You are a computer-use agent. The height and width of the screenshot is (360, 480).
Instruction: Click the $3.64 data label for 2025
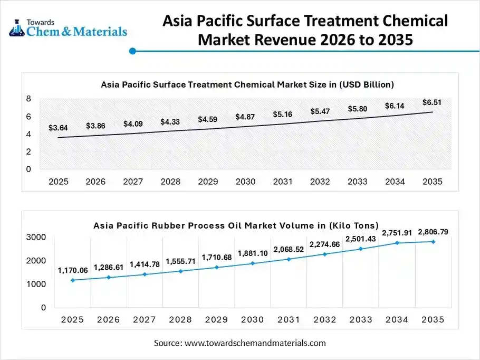57,128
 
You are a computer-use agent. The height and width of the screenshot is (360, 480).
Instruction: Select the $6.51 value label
432,102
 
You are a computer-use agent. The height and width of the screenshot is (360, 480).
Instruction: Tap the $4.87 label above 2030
245,117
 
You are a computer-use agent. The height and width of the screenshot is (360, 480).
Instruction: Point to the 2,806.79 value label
433,232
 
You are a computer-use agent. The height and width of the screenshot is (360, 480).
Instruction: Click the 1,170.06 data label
73,271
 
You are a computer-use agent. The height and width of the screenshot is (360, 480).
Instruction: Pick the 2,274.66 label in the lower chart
324,244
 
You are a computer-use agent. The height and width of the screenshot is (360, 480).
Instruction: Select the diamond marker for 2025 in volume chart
72,280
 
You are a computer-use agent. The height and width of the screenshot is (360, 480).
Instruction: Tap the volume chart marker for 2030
253,263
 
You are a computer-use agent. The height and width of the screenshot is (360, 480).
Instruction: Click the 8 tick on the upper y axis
28,99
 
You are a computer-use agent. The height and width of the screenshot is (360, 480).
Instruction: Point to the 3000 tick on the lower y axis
36,238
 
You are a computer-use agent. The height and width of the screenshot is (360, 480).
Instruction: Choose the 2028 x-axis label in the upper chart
170,182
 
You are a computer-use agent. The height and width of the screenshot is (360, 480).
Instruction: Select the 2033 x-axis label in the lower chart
360,319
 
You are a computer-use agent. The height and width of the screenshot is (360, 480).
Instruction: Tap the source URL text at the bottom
239,343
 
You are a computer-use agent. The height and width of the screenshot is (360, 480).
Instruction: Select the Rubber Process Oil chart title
236,225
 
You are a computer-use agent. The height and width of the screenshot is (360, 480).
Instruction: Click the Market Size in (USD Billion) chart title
247,84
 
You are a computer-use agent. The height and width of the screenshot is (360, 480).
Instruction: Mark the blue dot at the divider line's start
133,51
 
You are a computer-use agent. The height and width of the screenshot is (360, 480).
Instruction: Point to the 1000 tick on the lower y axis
36,284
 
